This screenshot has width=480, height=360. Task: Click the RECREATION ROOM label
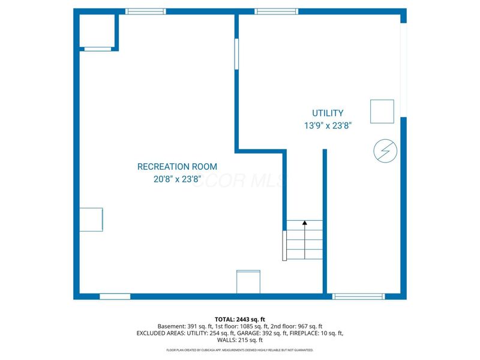coord(177,167)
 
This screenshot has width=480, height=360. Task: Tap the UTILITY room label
coord(328,113)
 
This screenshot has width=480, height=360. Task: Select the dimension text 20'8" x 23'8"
coord(177,179)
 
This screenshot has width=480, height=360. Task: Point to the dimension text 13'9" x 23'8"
coord(328,126)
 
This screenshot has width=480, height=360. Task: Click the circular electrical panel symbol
coord(384,151)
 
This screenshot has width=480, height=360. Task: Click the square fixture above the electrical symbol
coord(382,111)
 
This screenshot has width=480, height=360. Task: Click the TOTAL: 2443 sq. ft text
coord(240,319)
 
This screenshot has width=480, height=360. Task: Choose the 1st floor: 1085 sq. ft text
coord(235,326)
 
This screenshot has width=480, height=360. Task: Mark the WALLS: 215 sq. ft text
coord(240,340)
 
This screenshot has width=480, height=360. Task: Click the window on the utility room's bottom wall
coord(359,296)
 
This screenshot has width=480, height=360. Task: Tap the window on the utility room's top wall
coord(276,11)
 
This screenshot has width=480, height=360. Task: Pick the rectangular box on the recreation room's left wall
coord(91,220)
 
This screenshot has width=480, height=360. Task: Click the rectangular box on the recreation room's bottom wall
coord(248,281)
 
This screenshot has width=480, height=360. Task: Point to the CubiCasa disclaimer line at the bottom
coord(240,350)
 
